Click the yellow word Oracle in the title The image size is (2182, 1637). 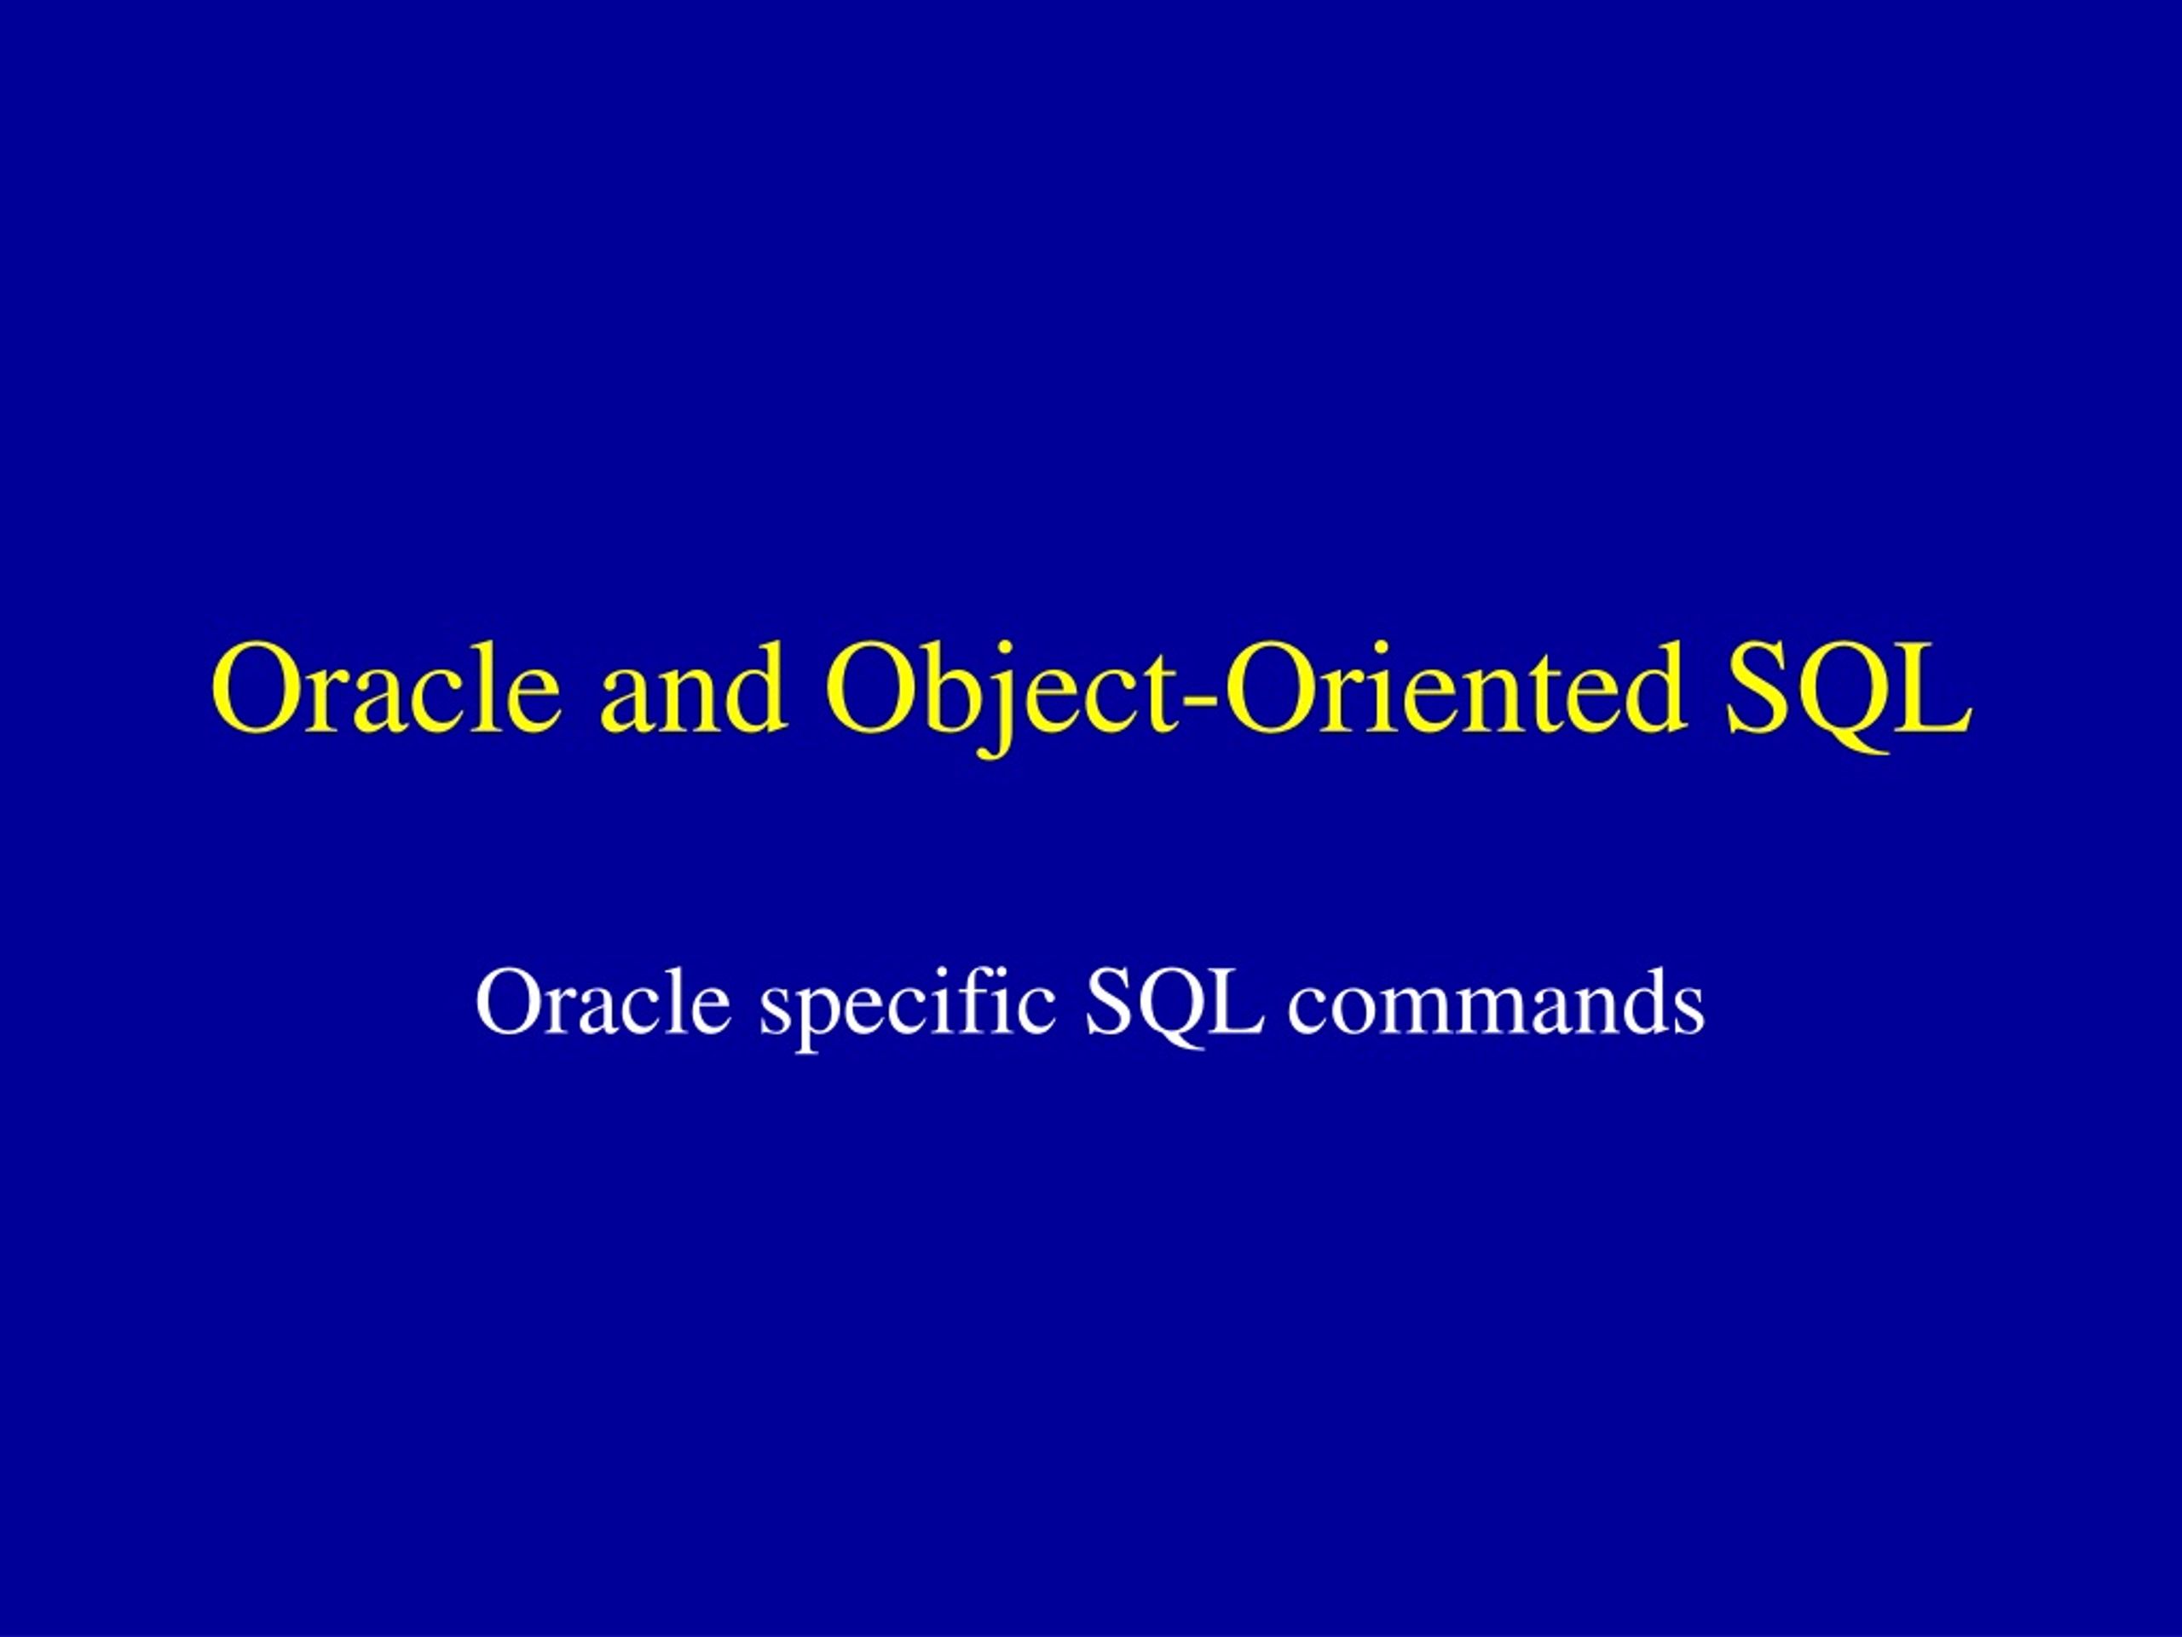pyautogui.click(x=386, y=688)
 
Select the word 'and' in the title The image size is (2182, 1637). pyautogui.click(x=694, y=688)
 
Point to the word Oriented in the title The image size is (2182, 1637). pyautogui.click(x=1454, y=688)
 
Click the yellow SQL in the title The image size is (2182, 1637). pyautogui.click(x=1849, y=696)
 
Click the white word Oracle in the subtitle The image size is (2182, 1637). pyautogui.click(x=603, y=1003)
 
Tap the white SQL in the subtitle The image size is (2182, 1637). pyautogui.click(x=1174, y=1006)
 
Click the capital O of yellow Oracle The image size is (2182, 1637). pyautogui.click(x=259, y=688)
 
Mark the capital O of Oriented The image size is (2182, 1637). pyautogui.click(x=1272, y=688)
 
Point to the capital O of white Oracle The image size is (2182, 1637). pyautogui.click(x=510, y=1003)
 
